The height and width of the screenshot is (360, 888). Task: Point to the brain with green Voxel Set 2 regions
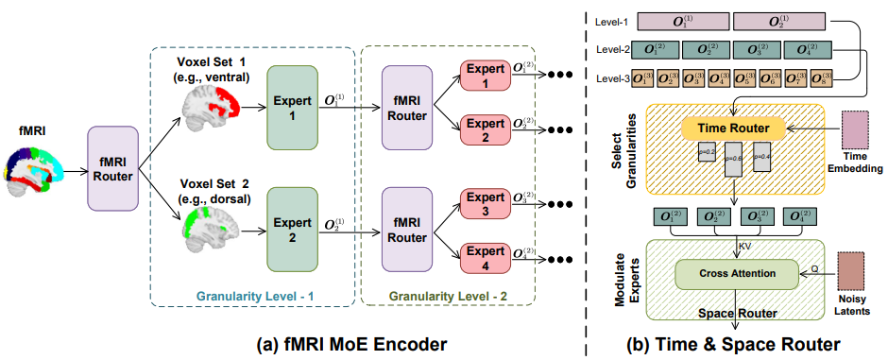click(212, 224)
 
